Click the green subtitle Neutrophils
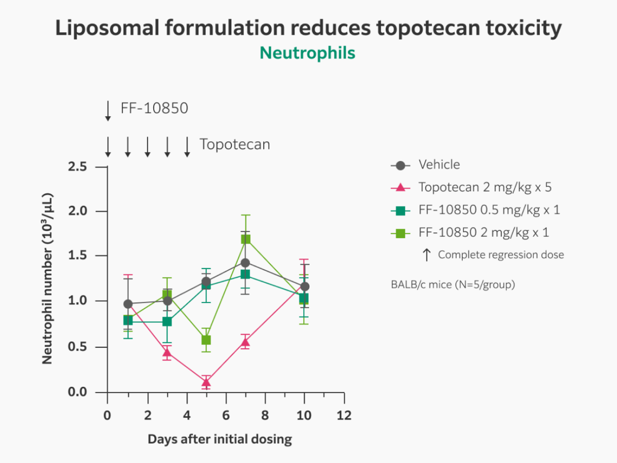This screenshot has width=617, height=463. coord(308,53)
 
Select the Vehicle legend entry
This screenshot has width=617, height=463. coord(439,165)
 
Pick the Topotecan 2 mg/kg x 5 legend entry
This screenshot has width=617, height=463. coord(484,187)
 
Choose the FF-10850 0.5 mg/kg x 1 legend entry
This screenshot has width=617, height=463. coord(489,210)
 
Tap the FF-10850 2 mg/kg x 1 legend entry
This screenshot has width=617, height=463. coord(483,232)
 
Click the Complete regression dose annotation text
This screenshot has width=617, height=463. coord(500,255)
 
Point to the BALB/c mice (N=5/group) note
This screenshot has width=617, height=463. coord(453,285)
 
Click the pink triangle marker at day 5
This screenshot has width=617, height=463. coord(206,383)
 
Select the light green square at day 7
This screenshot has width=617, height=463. coord(246,239)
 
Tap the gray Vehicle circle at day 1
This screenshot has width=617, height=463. coord(128,304)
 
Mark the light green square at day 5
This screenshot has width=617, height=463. coord(206,340)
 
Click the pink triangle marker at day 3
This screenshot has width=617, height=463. coord(167,353)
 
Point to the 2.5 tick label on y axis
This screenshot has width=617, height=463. coord(78,167)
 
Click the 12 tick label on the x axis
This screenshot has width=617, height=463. coord(344,415)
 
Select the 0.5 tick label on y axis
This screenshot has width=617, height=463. coord(78,347)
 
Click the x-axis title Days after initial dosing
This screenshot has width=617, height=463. coord(220,439)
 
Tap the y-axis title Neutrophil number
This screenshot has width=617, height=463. coord(47,279)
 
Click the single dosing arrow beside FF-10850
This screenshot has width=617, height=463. coord(108,111)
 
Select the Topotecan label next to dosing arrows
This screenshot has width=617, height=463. coord(235,144)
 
